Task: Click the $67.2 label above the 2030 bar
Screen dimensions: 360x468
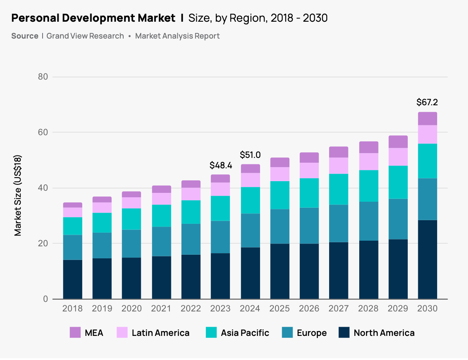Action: (x=427, y=102)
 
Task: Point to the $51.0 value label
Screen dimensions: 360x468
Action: (x=250, y=155)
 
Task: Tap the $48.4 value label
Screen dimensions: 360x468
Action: (x=220, y=165)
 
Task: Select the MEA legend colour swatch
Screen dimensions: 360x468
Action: (x=75, y=333)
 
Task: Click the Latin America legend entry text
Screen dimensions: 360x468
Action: (x=161, y=333)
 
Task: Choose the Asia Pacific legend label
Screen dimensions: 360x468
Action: (x=245, y=333)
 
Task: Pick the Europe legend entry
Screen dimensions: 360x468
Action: (x=311, y=333)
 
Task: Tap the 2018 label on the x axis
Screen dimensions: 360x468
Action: (x=72, y=309)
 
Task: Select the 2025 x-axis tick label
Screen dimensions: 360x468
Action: (x=279, y=309)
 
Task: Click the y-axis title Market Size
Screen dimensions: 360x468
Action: (x=18, y=195)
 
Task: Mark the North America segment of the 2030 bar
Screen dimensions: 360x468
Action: (x=427, y=259)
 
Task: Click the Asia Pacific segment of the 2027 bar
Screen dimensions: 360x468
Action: (x=338, y=189)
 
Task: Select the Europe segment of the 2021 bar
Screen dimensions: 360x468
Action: (x=161, y=241)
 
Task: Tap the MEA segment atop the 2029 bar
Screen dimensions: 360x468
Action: (x=398, y=142)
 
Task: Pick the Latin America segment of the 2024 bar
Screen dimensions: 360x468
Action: (x=250, y=180)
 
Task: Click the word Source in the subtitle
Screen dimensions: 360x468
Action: (x=25, y=36)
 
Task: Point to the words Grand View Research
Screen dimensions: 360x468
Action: (x=85, y=36)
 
